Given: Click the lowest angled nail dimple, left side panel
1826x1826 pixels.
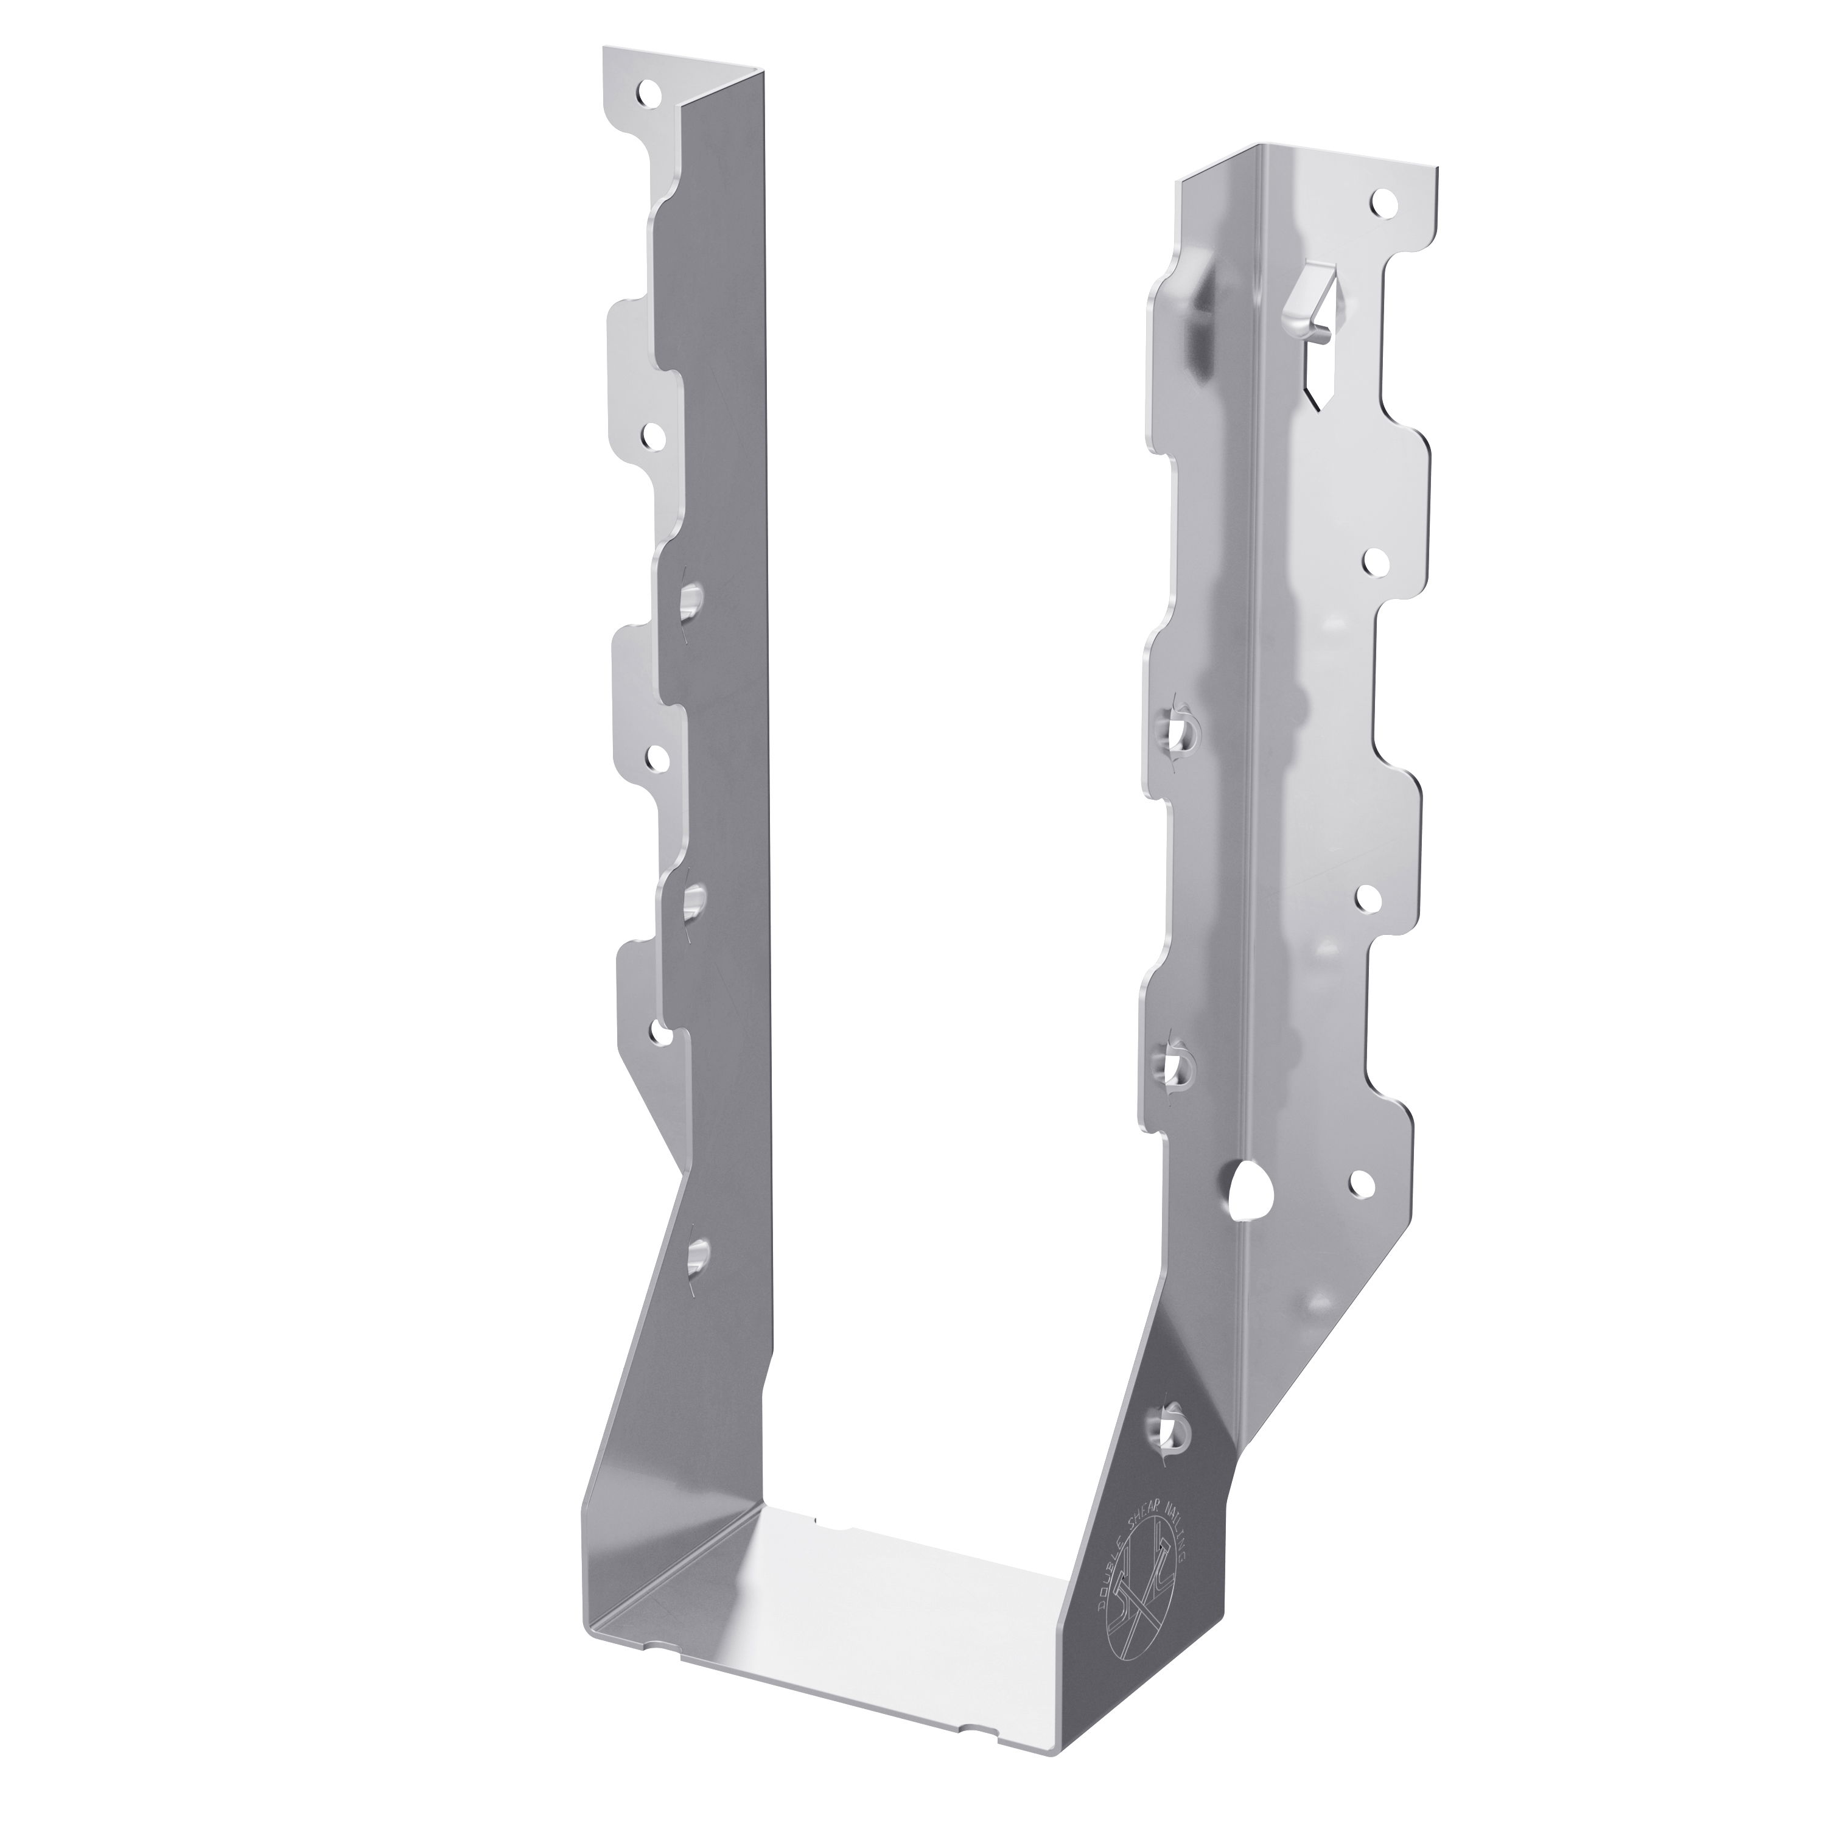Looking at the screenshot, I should (698, 1255).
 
